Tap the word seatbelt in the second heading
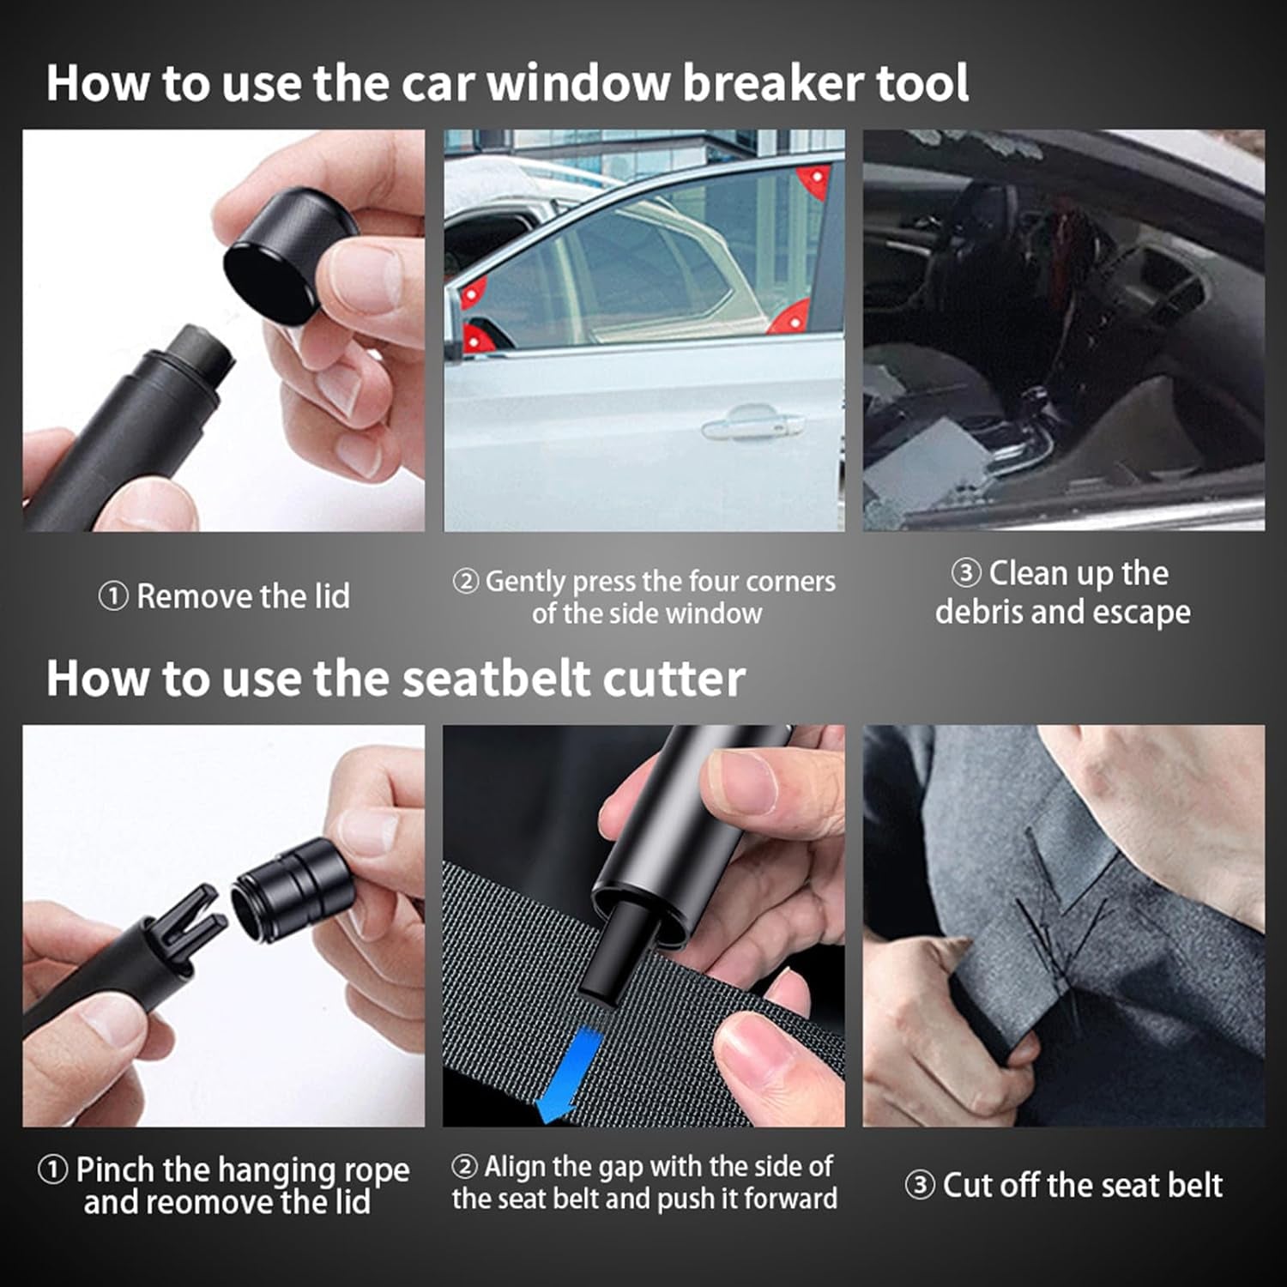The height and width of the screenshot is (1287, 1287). click(x=495, y=679)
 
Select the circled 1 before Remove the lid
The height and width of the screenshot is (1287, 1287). click(x=113, y=596)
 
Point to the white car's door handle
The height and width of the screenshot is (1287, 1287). click(x=752, y=423)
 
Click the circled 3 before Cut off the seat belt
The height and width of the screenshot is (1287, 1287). click(x=919, y=1186)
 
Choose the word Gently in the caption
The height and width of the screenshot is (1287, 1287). click(x=525, y=582)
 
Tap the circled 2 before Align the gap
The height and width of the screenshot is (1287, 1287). click(x=464, y=1167)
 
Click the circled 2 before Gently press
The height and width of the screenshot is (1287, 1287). click(x=465, y=582)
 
